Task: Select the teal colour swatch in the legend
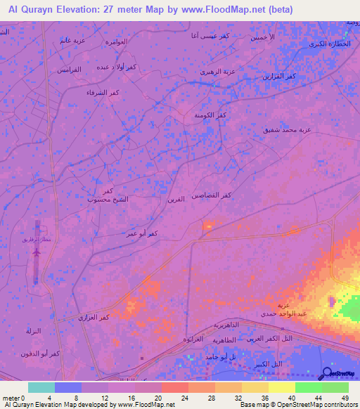(x=41, y=387)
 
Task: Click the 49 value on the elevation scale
(x=344, y=397)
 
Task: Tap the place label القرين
(x=176, y=200)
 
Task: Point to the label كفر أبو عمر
(x=141, y=233)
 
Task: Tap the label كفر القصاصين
(x=217, y=195)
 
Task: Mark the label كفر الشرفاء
(x=101, y=93)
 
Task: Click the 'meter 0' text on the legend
(x=14, y=397)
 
